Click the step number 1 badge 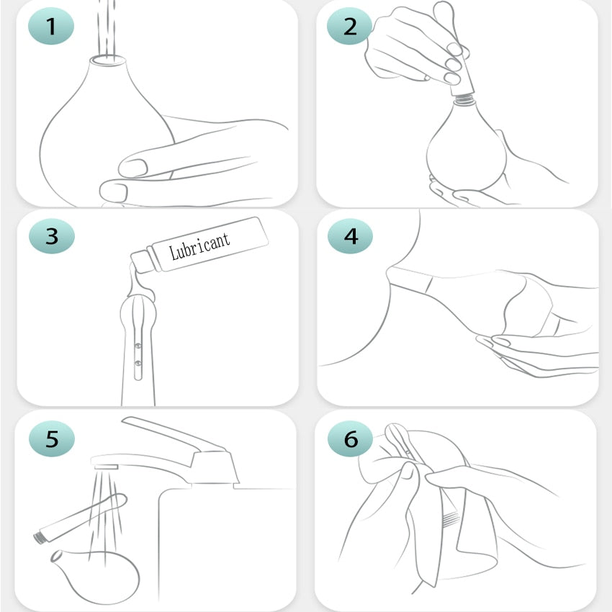[51, 26]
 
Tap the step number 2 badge [350, 26]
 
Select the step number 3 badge [52, 236]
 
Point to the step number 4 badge [351, 236]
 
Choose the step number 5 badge [52, 438]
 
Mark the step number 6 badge [351, 438]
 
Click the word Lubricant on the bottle [199, 246]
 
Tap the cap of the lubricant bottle [143, 261]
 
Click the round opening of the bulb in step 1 [108, 60]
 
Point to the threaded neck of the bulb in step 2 [464, 99]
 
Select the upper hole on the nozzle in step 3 [138, 346]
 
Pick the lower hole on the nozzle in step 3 [138, 364]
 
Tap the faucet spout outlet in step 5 [106, 467]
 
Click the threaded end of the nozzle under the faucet [40, 538]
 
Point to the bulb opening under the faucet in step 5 [56, 556]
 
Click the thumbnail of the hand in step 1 [133, 168]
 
